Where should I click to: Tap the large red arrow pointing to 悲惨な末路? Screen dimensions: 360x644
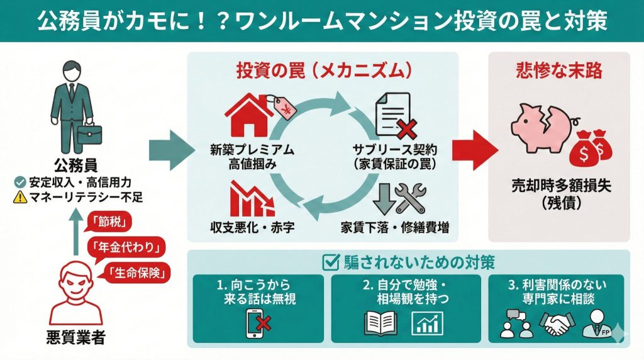pyautogui.click(x=476, y=150)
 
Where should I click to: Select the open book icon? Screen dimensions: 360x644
pyautogui.click(x=381, y=323)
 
